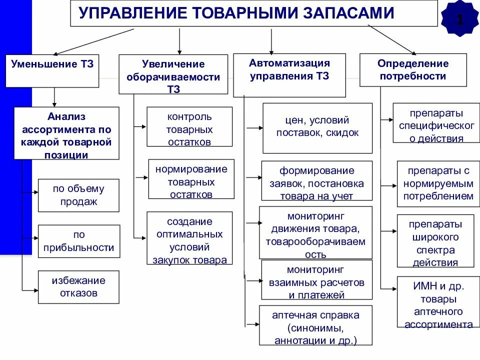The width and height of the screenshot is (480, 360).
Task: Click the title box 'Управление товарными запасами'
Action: (254, 13)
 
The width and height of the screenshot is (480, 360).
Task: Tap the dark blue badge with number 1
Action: (460, 19)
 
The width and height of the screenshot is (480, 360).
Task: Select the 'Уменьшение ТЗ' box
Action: (52, 69)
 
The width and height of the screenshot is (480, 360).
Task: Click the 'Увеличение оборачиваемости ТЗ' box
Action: (172, 74)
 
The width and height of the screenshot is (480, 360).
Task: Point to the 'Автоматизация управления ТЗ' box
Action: (289, 75)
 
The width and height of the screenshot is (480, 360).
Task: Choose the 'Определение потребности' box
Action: (412, 69)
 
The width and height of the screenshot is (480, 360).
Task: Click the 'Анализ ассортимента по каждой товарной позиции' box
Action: (66, 133)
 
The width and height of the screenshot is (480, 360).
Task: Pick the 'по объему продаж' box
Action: (78, 195)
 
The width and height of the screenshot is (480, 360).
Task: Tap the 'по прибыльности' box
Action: (79, 241)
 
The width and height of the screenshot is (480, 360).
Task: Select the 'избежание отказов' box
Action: (78, 287)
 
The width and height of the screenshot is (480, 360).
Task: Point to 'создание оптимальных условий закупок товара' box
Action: (189, 238)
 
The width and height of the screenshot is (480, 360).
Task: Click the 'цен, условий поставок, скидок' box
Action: (317, 128)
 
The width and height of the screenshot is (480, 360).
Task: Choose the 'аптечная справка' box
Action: (315, 325)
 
